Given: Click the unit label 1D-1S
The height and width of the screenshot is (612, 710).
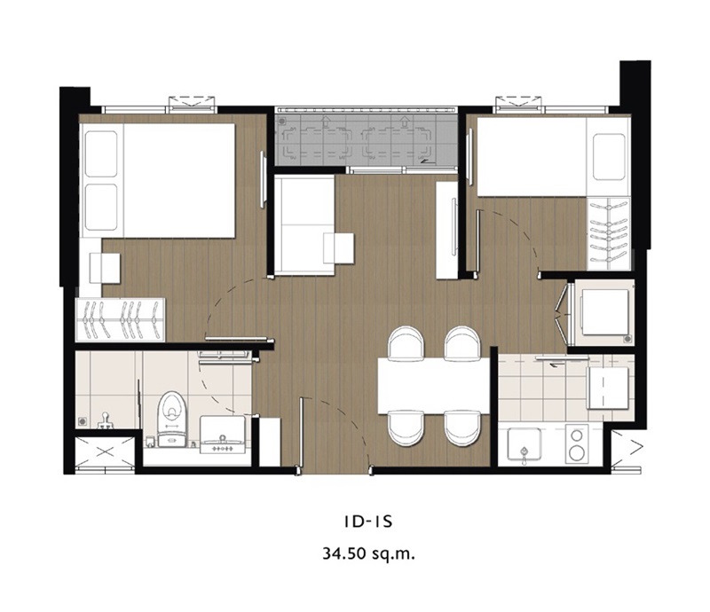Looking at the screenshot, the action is (367, 522).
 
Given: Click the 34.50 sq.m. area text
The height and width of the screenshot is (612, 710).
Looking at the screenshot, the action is (368, 553).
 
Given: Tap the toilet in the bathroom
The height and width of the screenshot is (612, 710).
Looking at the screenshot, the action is (171, 420).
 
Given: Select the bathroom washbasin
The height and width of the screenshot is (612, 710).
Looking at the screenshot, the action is (223, 435).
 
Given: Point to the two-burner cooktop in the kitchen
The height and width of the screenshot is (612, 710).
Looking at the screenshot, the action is (577, 444).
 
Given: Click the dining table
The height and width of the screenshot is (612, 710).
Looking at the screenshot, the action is (434, 386).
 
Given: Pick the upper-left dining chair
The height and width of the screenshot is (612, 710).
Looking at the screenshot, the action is (406, 342).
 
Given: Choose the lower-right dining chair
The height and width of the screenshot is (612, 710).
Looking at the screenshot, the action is (461, 428).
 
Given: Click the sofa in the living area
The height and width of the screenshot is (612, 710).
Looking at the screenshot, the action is (304, 225).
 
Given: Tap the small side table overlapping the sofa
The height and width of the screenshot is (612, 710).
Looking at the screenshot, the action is (339, 248).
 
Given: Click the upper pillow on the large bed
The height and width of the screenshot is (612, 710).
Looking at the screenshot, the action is (101, 154).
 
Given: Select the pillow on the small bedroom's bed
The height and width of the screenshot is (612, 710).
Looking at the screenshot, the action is (609, 157).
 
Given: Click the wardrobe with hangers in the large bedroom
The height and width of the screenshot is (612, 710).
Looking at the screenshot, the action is (121, 319).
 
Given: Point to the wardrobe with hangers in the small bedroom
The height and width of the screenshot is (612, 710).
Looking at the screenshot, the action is (609, 234).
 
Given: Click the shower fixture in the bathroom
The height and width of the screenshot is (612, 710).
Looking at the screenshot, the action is (105, 420).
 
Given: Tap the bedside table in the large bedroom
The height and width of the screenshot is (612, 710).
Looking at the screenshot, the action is (105, 269).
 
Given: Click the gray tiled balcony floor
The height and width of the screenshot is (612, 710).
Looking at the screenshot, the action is (366, 140).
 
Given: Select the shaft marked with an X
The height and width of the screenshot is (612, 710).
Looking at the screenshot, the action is (104, 453).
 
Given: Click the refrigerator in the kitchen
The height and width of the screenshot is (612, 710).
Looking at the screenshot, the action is (608, 388).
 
